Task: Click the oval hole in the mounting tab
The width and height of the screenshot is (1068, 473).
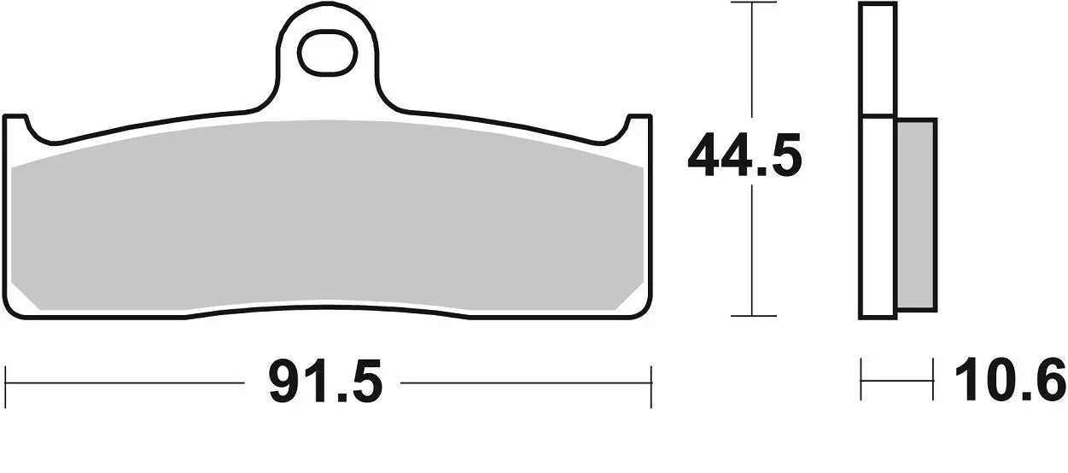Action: pyautogui.click(x=326, y=54)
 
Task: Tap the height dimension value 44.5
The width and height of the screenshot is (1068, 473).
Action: pyautogui.click(x=744, y=156)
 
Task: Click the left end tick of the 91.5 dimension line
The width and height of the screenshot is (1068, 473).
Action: pyautogui.click(x=7, y=382)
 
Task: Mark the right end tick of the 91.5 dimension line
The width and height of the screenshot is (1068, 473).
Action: pyautogui.click(x=651, y=382)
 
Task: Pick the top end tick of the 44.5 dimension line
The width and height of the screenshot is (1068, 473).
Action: pyautogui.click(x=752, y=3)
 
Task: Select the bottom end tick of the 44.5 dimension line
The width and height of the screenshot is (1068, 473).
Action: pyautogui.click(x=752, y=316)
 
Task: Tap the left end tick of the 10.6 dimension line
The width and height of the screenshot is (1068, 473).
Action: pyautogui.click(x=861, y=380)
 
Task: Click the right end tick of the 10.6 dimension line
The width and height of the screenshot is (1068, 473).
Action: pyautogui.click(x=932, y=380)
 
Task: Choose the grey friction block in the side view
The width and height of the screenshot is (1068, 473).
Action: pyautogui.click(x=916, y=213)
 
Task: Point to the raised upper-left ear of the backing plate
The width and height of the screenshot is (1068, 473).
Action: pyautogui.click(x=17, y=125)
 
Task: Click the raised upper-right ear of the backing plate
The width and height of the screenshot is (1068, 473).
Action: pyautogui.click(x=639, y=125)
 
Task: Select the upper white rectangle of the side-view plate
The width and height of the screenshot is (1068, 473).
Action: pyautogui.click(x=878, y=59)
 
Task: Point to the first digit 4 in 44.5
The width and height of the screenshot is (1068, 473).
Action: pyautogui.click(x=703, y=156)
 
